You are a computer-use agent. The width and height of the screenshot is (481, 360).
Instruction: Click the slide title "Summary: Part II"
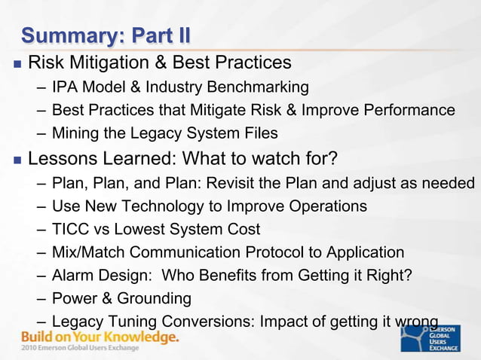[106, 35]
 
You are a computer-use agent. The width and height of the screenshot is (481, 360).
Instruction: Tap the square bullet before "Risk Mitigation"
[15, 62]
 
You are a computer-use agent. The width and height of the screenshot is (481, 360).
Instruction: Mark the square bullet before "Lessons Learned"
[15, 160]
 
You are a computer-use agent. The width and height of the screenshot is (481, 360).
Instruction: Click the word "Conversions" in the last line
[204, 322]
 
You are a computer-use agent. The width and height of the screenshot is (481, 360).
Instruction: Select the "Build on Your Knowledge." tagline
[100, 337]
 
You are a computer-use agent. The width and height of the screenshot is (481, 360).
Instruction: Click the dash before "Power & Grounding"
[41, 299]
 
